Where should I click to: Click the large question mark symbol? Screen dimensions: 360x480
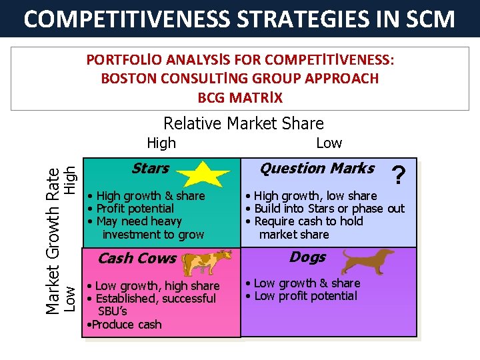coord(398,176)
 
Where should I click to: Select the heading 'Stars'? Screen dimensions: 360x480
coord(150,169)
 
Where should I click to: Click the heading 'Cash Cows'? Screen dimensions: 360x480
coord(137,259)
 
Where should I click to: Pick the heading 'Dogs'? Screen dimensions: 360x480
coord(307,257)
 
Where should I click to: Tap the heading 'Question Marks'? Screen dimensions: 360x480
coord(317,169)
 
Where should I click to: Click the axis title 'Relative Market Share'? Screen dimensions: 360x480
coord(243,123)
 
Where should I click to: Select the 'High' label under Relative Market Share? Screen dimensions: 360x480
coord(161,143)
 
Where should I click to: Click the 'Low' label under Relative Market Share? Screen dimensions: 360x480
coord(329,143)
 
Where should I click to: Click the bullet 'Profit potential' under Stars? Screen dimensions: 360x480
coord(135,209)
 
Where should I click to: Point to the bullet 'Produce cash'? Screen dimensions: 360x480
coord(125,325)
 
